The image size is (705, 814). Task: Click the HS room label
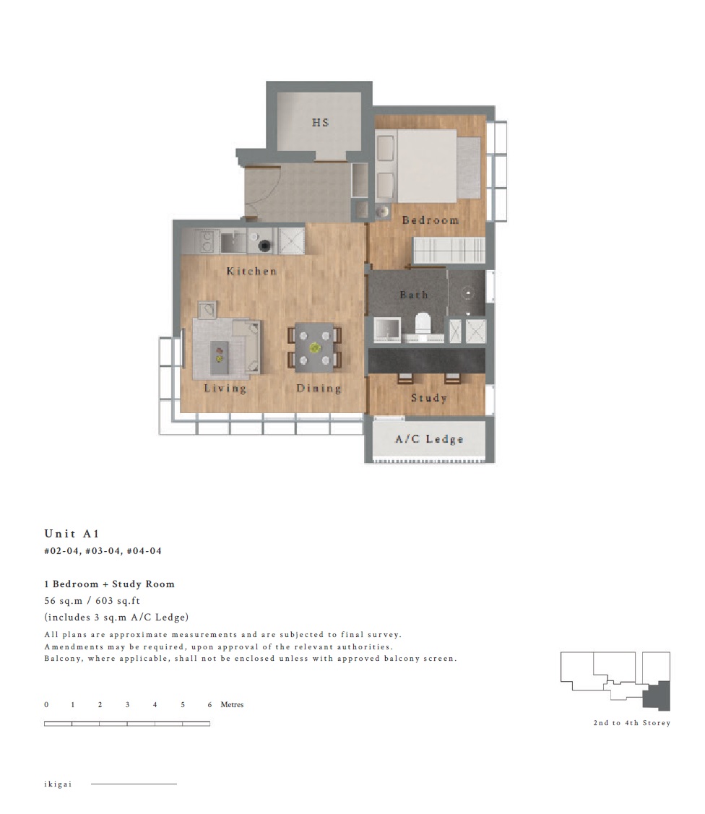[320, 123]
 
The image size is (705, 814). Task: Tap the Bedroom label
[431, 220]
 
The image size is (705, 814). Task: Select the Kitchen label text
[252, 271]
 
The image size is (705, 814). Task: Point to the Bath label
[415, 295]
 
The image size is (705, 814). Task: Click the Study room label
[429, 398]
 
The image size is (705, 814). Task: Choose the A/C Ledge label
[429, 439]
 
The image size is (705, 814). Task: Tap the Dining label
[319, 389]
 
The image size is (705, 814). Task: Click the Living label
[225, 389]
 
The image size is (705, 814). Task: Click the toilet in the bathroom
[423, 324]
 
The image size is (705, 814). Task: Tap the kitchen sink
[233, 242]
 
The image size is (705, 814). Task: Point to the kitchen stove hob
[207, 241]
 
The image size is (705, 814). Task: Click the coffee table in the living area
[219, 357]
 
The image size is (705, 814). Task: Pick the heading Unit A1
[72, 534]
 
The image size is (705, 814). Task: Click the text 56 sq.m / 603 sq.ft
[92, 601]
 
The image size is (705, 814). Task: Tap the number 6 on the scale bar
[209, 704]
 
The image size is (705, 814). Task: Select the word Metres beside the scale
[232, 704]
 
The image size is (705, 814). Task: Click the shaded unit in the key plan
[658, 696]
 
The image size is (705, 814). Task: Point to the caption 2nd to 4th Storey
[632, 722]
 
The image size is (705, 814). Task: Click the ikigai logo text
[58, 784]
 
